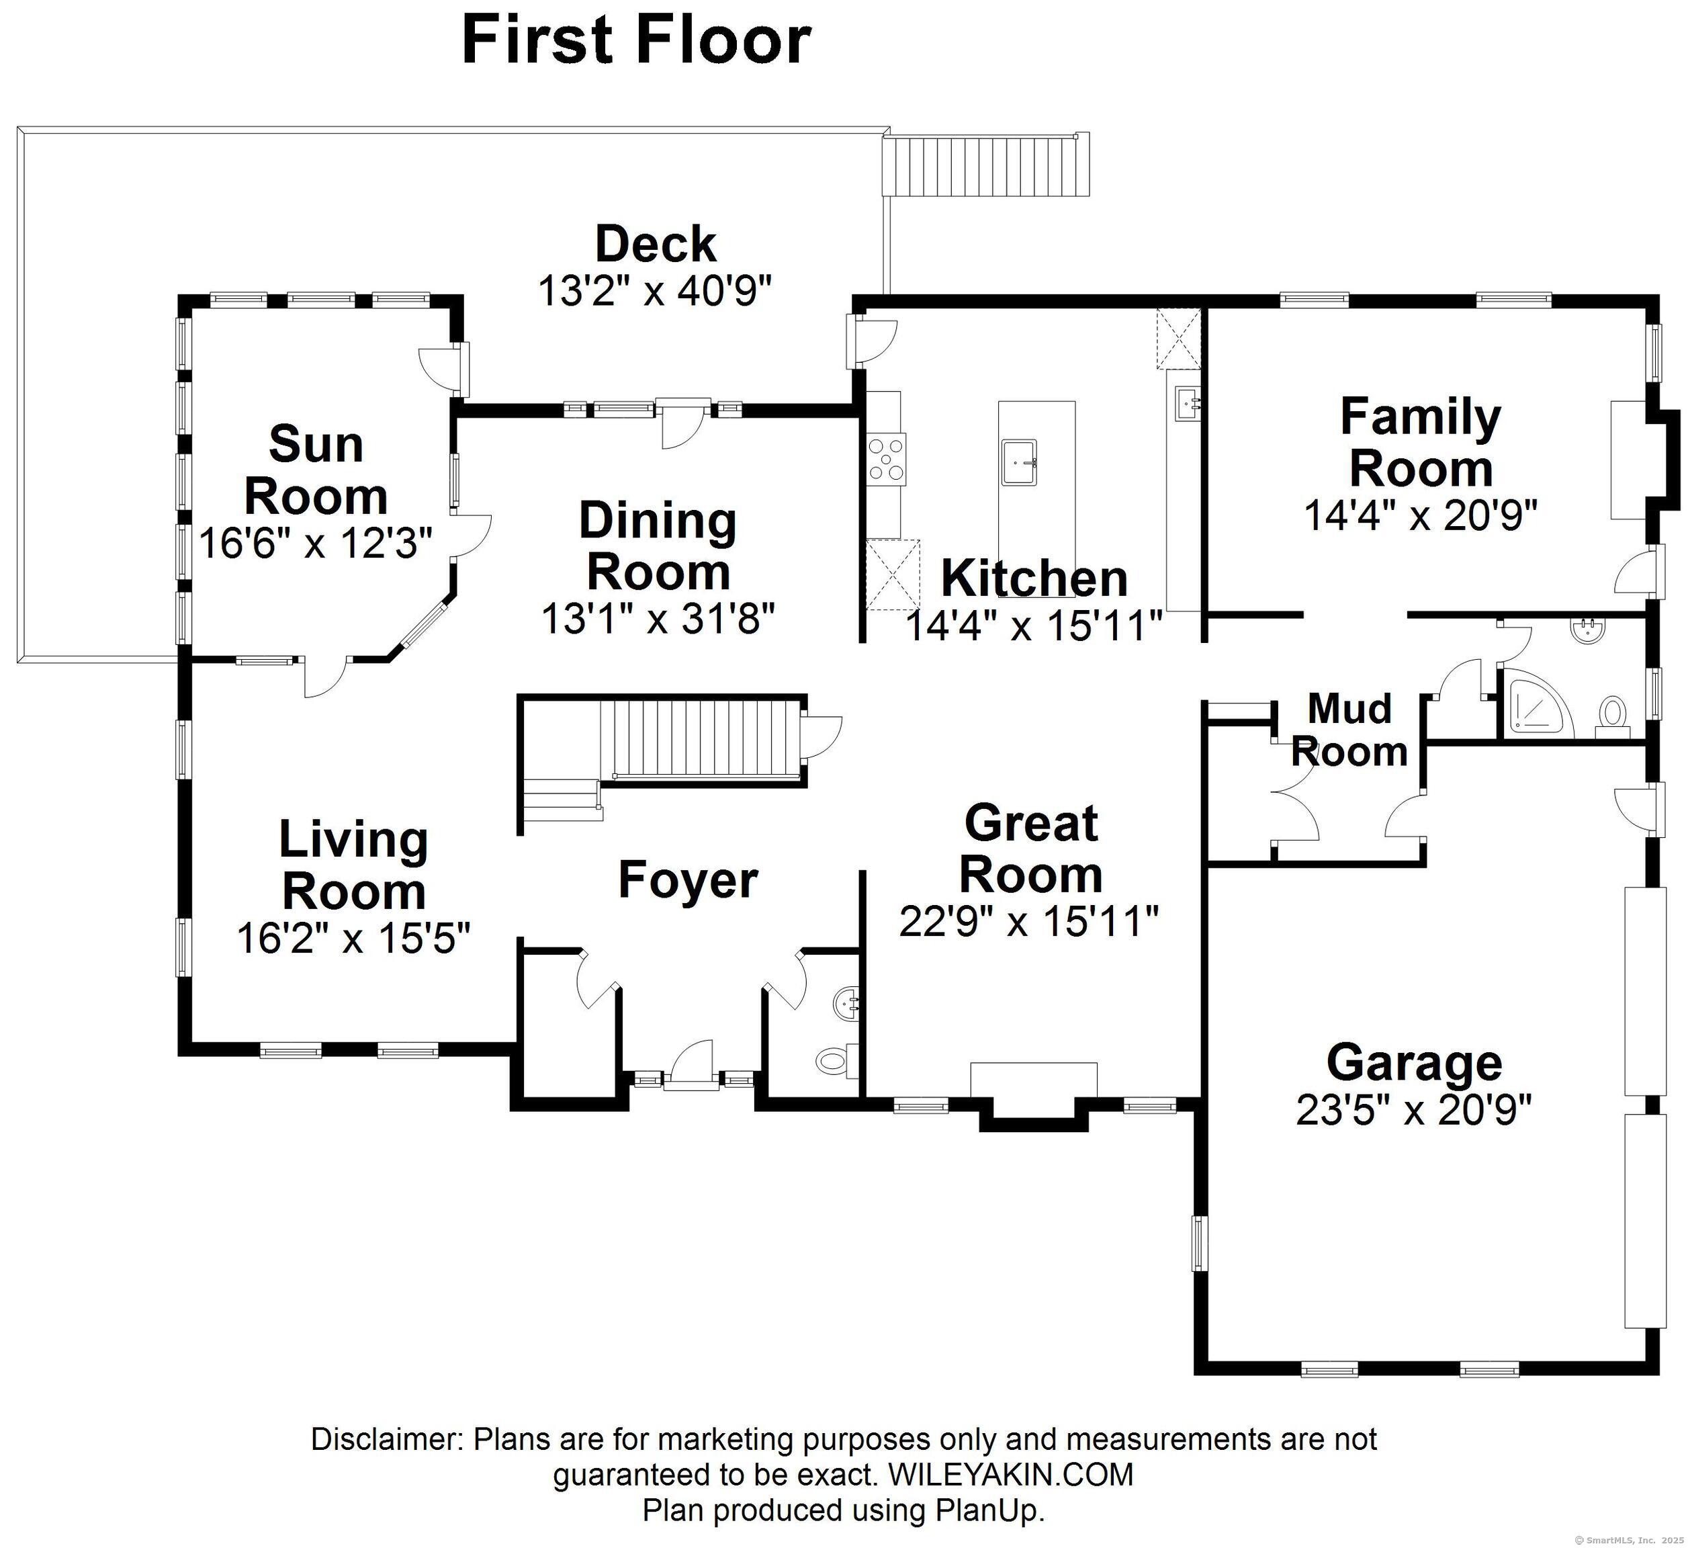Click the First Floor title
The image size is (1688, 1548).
click(x=635, y=40)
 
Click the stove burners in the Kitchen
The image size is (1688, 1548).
click(x=887, y=458)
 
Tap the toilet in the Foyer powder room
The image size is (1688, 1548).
click(x=833, y=1060)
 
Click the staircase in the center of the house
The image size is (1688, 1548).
click(x=703, y=740)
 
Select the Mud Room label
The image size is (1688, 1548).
click(x=1349, y=730)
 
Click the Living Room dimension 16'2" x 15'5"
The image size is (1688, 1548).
click(x=353, y=937)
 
